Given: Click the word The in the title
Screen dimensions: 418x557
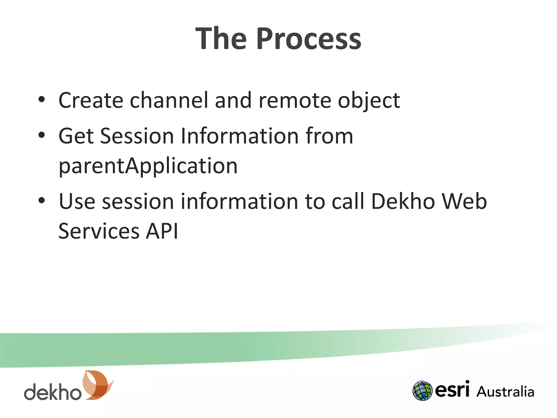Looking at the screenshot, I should pyautogui.click(x=221, y=39).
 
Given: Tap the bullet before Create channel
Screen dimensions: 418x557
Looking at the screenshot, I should pyautogui.click(x=41, y=100).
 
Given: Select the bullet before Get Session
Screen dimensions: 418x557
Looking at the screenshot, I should pyautogui.click(x=41, y=135).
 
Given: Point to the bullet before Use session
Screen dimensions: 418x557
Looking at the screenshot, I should pyautogui.click(x=41, y=201).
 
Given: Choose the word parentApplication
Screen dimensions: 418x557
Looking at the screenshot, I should pyautogui.click(x=148, y=166).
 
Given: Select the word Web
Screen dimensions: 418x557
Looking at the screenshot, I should pyautogui.click(x=464, y=201).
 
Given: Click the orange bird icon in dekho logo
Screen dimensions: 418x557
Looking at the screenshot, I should pyautogui.click(x=97, y=385).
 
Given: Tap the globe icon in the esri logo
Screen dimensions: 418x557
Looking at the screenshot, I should pyautogui.click(x=422, y=391).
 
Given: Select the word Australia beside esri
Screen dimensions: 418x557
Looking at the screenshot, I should pyautogui.click(x=505, y=392).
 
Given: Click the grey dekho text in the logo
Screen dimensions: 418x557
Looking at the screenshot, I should pyautogui.click(x=52, y=392).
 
